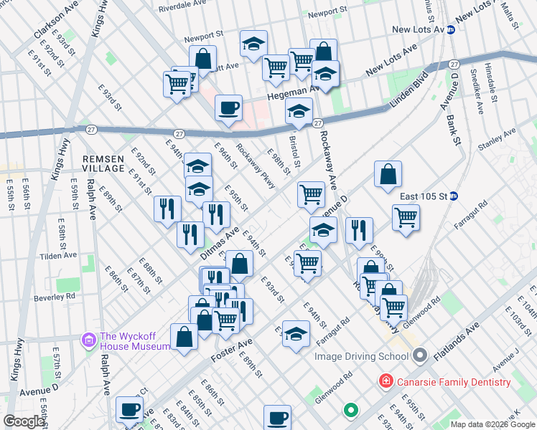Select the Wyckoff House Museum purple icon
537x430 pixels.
[x=90, y=339]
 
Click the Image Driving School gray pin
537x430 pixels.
[x=421, y=355]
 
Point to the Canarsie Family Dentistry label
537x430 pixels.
[x=454, y=382]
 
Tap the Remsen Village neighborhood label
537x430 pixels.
[x=103, y=163]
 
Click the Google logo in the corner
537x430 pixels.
[x=24, y=421]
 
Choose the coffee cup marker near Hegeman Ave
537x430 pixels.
[x=228, y=109]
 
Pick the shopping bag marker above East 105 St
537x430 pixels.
[x=388, y=174]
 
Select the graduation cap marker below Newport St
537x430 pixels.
[x=253, y=44]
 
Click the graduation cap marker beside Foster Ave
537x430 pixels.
[x=296, y=334]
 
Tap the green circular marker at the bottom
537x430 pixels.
[x=350, y=410]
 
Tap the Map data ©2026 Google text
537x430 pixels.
[x=492, y=424]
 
